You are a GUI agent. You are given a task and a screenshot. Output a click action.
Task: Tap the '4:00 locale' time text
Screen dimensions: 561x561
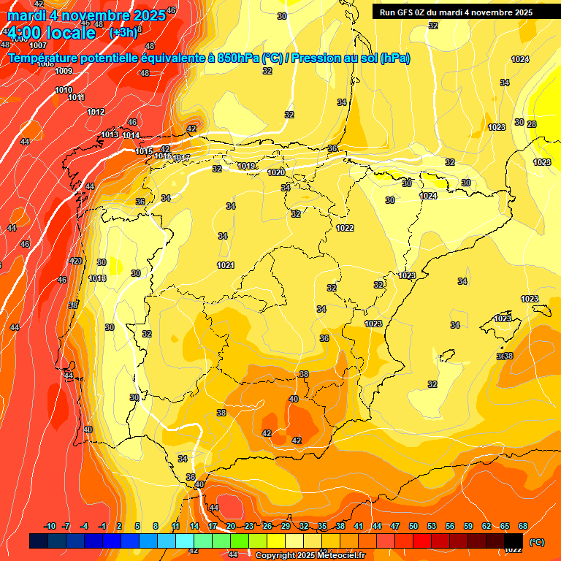51,33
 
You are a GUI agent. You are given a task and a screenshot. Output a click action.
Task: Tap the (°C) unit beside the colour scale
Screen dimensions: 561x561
535,541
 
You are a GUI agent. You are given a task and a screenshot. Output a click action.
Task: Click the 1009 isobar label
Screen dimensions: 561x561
64,71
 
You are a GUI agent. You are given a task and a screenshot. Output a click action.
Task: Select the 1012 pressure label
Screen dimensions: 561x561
96,112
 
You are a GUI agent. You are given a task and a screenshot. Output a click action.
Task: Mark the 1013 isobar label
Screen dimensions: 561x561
110,134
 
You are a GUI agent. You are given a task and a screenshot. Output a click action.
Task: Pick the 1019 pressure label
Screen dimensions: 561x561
246,167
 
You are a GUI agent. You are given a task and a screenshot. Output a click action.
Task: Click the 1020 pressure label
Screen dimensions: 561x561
276,172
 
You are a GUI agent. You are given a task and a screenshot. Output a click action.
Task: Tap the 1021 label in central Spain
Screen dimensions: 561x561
226,265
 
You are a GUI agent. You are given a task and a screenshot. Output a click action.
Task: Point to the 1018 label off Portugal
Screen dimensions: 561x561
97,278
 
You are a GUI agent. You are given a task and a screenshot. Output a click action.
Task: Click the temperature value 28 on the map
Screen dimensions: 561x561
532,124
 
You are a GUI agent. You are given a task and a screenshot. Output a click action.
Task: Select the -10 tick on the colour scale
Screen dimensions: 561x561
50,527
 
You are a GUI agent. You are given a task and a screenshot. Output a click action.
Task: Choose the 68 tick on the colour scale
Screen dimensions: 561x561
523,527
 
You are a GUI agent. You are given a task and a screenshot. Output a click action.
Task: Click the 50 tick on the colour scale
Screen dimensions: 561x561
413,527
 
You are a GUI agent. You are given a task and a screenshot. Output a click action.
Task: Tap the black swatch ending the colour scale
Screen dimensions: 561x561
513,541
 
